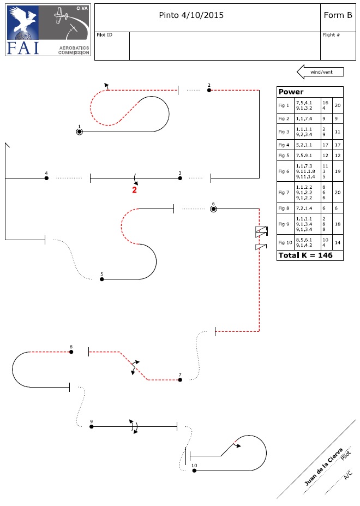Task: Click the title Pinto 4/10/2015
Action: (191, 15)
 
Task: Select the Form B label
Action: (338, 15)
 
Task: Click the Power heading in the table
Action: (291, 92)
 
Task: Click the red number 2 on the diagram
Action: (134, 190)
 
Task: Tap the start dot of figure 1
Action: (80, 132)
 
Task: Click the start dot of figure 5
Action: (101, 279)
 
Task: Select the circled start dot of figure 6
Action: (213, 209)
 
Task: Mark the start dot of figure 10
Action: (194, 470)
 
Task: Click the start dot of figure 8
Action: (71, 352)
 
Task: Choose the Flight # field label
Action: (331, 34)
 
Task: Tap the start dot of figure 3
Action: (180, 178)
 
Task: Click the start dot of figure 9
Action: (92, 426)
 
